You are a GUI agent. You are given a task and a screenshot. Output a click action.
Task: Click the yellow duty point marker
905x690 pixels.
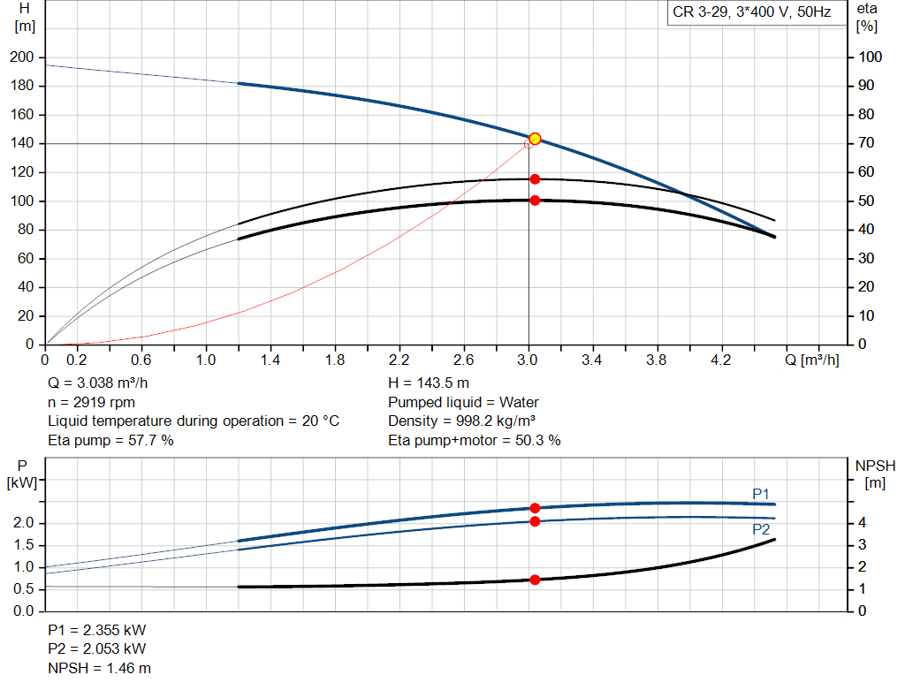535,139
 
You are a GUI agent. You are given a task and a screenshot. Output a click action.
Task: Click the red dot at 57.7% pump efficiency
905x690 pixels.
535,179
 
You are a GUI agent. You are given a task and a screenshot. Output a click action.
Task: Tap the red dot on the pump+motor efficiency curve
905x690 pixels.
535,201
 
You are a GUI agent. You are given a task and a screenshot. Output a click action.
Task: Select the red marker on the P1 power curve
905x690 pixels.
535,508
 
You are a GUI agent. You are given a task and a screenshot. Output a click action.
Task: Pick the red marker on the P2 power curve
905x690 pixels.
535,521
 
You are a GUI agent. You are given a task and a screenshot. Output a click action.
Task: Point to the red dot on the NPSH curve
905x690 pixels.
535,580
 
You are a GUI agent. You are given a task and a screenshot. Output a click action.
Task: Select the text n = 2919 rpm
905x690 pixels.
91,402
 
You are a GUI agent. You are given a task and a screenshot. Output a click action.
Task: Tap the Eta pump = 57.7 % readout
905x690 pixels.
110,440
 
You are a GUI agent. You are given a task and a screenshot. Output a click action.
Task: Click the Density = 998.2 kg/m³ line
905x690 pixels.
462,421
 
